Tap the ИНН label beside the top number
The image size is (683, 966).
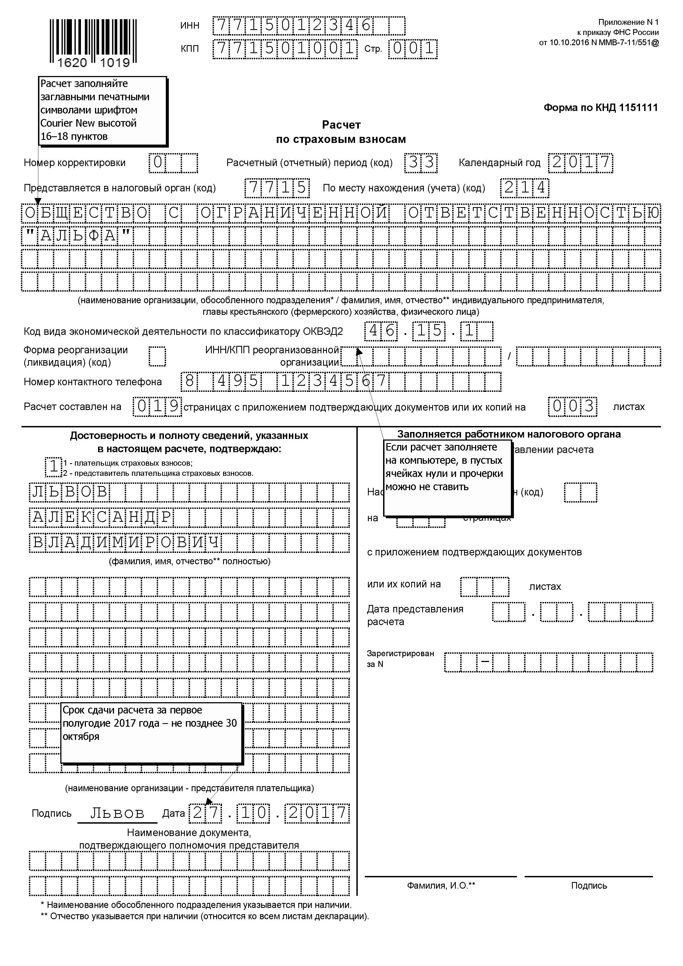[x=190, y=26]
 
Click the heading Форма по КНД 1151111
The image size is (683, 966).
[x=601, y=108]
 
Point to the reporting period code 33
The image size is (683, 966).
[x=421, y=162]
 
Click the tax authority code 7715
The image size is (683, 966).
[x=277, y=188]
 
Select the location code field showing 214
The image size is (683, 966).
[x=524, y=188]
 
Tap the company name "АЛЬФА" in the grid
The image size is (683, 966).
[x=77, y=236]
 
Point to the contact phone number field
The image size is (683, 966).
[x=341, y=381]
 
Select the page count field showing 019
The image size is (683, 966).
[x=157, y=406]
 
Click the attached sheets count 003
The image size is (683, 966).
[x=572, y=406]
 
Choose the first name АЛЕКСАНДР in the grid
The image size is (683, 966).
[x=101, y=517]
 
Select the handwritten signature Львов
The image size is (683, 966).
[x=117, y=813]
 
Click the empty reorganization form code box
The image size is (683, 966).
[x=157, y=356]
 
